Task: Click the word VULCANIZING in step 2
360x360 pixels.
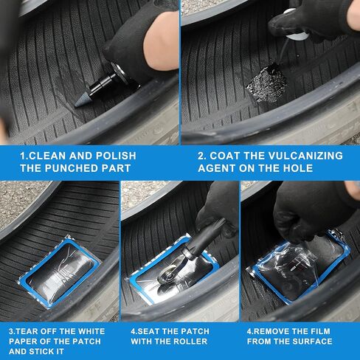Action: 305,156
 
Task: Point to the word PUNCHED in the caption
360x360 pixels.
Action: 72,168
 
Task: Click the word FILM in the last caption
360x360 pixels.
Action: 320,331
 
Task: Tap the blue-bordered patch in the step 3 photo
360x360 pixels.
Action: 60,271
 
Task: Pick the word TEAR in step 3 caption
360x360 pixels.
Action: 27,331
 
